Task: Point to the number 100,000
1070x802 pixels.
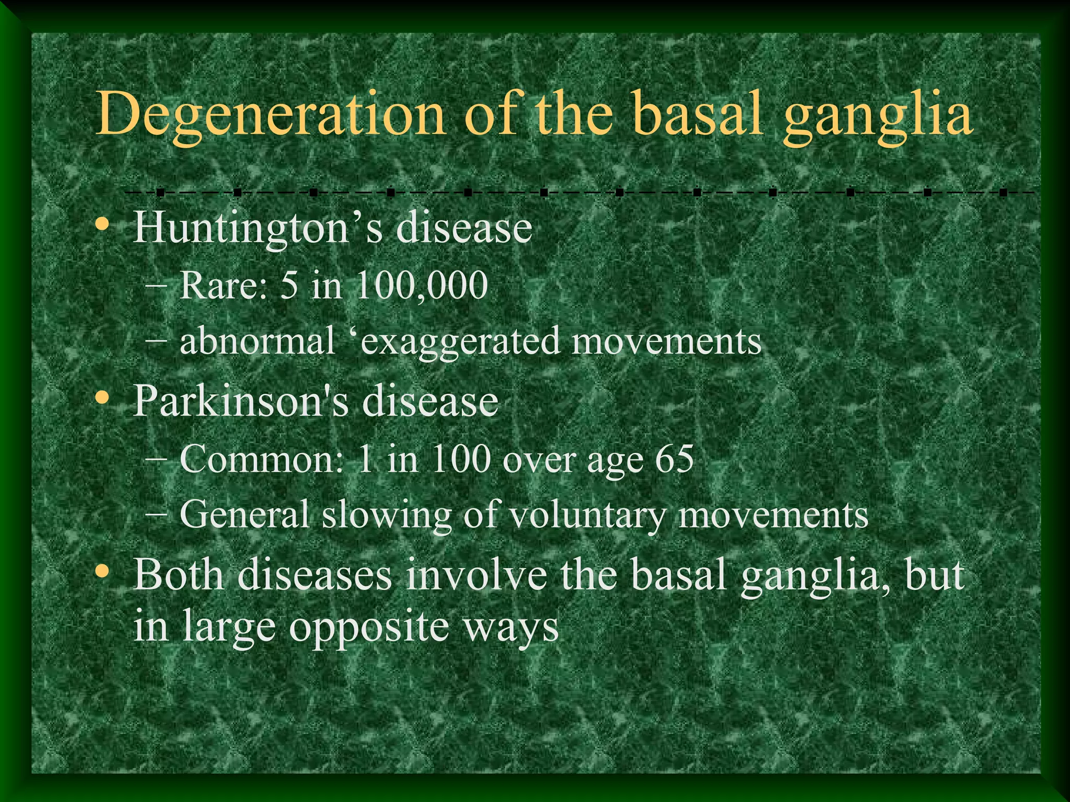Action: point(421,286)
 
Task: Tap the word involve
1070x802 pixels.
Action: point(476,574)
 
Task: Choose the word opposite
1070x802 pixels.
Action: point(369,628)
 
